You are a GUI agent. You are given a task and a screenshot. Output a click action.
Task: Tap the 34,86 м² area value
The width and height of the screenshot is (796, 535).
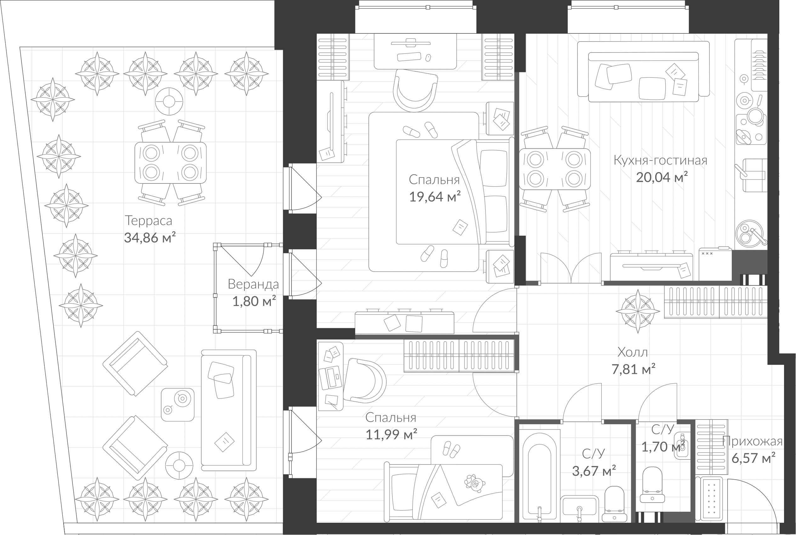point(150,238)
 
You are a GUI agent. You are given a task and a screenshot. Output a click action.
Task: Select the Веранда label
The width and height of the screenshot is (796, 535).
point(253,284)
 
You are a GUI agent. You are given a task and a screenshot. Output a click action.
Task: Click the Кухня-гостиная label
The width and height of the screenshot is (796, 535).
point(660,160)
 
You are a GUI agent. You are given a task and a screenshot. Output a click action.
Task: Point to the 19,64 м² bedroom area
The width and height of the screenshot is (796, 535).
point(435,197)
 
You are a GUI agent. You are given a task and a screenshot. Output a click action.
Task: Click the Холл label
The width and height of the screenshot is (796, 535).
point(633,352)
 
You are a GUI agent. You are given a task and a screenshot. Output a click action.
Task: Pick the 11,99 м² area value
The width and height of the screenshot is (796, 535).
point(391,435)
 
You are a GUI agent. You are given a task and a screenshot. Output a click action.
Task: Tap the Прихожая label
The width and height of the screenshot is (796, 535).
point(753,442)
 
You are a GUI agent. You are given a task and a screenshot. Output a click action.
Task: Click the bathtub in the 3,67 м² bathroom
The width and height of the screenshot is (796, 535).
point(540,478)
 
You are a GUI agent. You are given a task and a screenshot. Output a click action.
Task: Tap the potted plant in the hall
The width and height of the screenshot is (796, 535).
point(638,311)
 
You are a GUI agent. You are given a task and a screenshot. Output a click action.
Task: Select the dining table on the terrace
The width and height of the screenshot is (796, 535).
point(170,163)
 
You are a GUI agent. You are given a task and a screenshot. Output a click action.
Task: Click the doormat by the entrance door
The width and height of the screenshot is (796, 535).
point(709,500)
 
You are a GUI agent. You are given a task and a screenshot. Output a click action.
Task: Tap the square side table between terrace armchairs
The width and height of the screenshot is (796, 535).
point(178,404)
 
